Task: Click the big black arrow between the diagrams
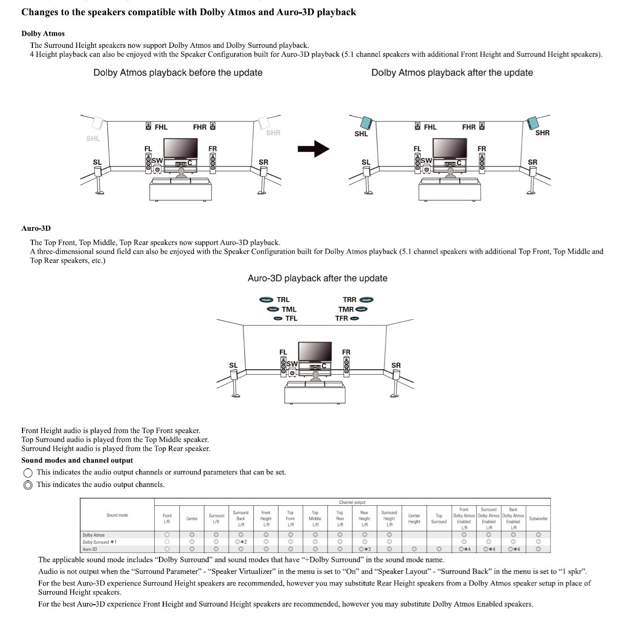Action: click(313, 149)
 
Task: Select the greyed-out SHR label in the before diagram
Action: click(273, 133)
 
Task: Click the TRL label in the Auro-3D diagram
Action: click(283, 300)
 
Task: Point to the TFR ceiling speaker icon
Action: click(355, 319)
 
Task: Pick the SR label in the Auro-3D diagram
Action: click(396, 365)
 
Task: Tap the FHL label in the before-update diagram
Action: click(161, 127)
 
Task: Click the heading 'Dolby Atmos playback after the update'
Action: click(452, 73)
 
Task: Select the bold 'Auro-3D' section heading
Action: click(36, 228)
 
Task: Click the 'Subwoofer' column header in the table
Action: click(538, 519)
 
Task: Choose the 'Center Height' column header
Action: click(414, 519)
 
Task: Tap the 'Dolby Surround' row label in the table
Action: click(99, 542)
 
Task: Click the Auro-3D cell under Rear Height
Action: click(364, 549)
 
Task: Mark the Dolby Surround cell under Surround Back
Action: click(241, 542)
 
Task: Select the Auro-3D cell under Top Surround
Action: click(439, 549)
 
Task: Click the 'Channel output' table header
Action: click(352, 502)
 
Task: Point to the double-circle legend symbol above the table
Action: click(28, 485)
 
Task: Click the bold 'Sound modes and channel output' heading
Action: click(77, 461)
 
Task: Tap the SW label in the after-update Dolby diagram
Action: click(426, 160)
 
